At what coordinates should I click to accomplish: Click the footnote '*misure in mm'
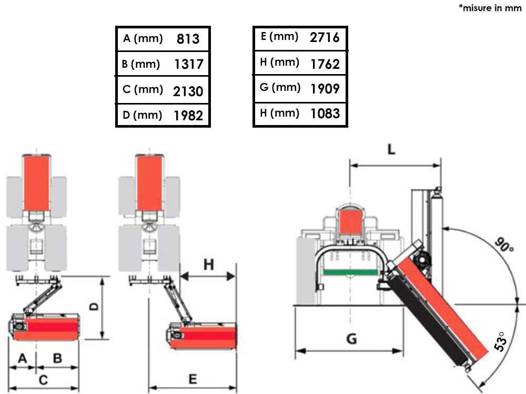click(490, 8)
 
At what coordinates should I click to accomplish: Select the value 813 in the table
click(188, 39)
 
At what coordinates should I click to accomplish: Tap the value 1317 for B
click(189, 64)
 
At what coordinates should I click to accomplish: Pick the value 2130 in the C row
click(188, 91)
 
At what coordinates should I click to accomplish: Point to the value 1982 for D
click(188, 116)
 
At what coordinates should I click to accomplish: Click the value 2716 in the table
click(325, 37)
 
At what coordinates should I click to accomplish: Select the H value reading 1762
click(325, 64)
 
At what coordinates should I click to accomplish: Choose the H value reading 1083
click(325, 113)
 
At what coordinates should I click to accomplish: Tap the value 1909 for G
click(325, 88)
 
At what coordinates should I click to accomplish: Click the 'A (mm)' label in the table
click(143, 38)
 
